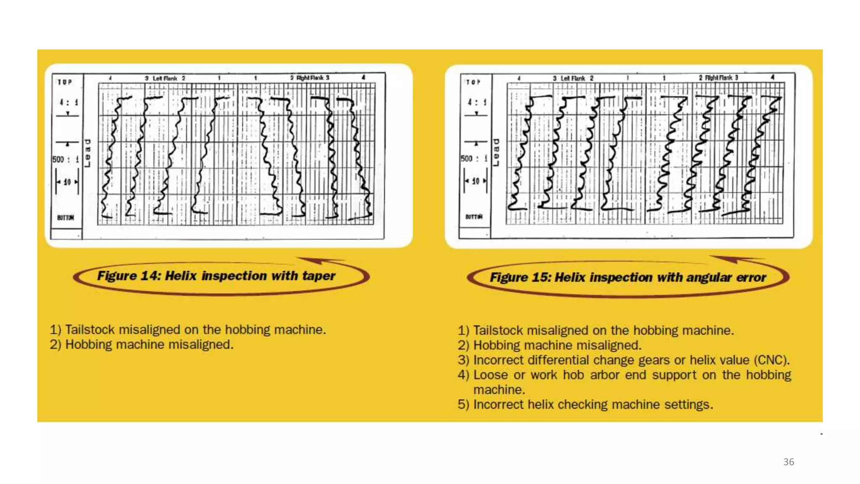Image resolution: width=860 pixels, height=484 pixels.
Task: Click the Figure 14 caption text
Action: (216, 276)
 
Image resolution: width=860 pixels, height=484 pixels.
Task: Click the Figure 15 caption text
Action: (628, 278)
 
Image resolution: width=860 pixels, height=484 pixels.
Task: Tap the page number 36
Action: (788, 462)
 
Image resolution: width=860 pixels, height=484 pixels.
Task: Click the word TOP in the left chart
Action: (65, 82)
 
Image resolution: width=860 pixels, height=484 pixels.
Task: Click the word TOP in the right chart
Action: (473, 82)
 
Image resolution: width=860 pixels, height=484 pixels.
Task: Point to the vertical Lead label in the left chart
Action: (87, 153)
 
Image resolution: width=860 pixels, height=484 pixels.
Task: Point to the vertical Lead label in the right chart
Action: (496, 152)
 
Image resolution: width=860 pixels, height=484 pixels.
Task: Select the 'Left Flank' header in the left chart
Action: (165, 78)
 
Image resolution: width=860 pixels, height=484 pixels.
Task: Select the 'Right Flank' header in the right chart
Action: (718, 78)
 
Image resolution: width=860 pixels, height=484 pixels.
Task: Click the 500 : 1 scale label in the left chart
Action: (66, 160)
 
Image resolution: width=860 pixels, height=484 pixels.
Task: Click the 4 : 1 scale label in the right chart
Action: (477, 102)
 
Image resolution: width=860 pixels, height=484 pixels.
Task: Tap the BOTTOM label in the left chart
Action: (66, 218)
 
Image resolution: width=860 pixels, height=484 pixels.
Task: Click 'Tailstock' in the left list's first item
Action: (90, 330)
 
